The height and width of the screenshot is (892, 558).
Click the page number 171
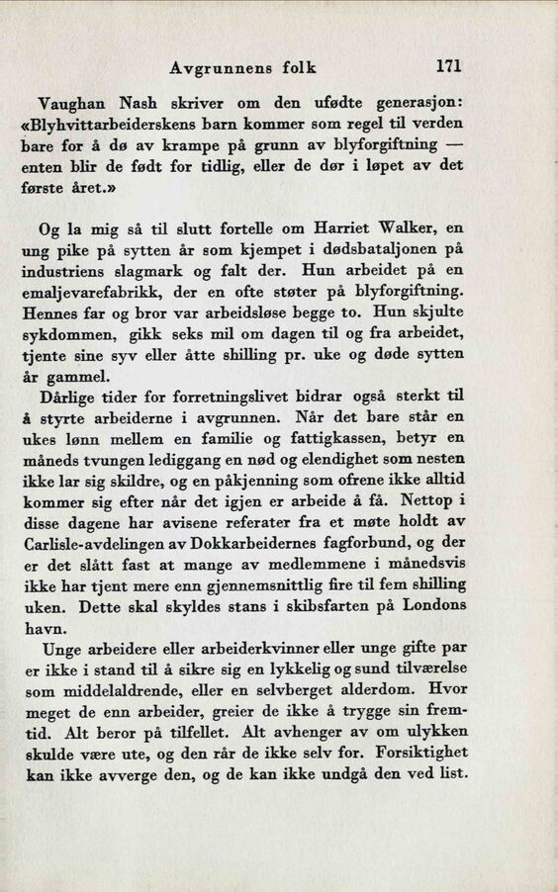click(448, 67)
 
